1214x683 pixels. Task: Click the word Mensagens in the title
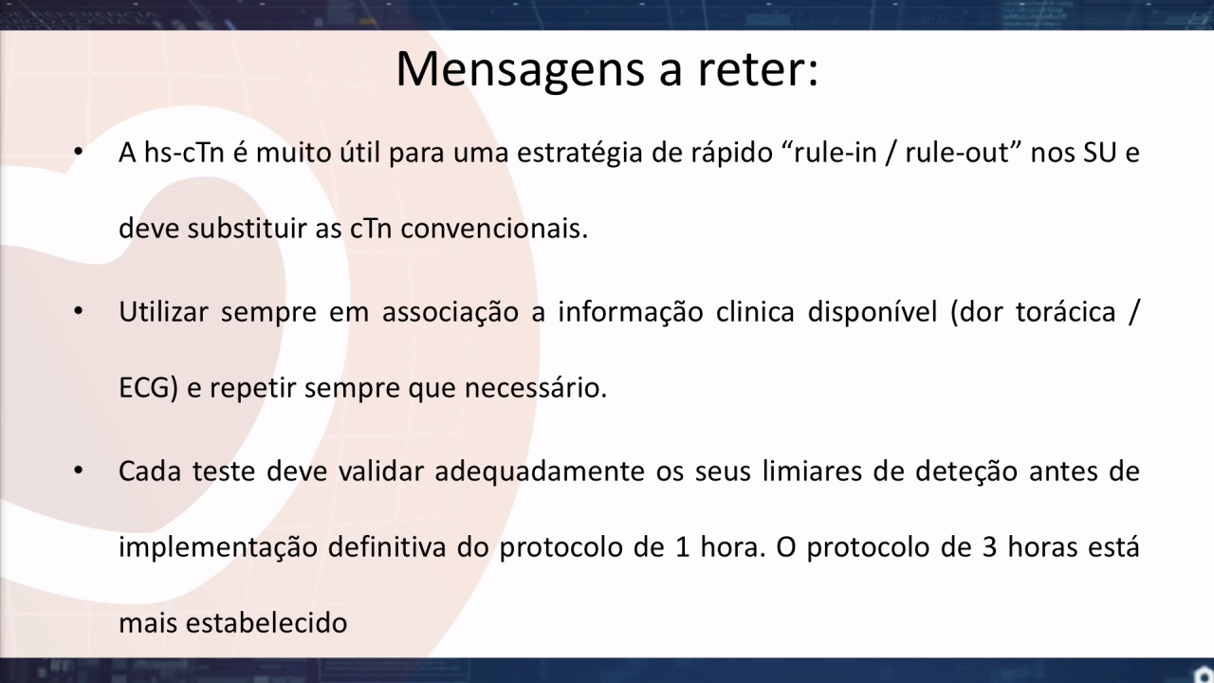521,69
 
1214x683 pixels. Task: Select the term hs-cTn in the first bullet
184,153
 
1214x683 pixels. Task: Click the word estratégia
579,154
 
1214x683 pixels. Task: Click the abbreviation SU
1100,153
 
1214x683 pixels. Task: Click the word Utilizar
163,312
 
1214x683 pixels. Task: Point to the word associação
451,313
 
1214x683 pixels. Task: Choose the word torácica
1065,312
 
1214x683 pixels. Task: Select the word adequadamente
540,471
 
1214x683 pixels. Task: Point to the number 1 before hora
682,547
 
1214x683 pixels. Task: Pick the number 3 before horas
989,547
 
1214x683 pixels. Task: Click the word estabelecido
267,623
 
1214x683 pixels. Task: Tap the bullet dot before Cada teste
79,471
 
